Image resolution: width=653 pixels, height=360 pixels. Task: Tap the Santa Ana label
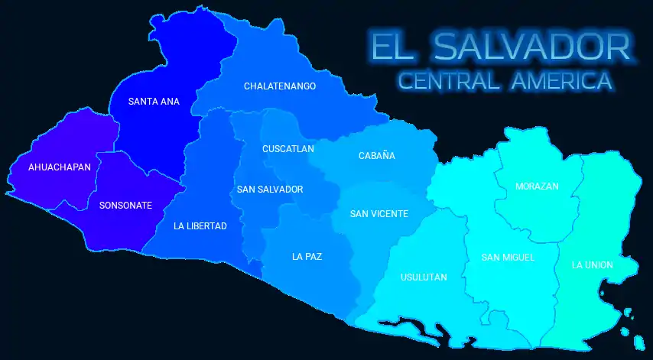(154, 101)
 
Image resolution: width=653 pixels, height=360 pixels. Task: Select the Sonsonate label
(125, 205)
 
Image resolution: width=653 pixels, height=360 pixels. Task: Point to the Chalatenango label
(280, 86)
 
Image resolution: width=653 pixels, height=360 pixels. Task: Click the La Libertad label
(200, 225)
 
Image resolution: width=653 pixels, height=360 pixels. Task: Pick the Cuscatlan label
(288, 149)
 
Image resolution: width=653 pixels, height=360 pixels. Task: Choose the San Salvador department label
(270, 189)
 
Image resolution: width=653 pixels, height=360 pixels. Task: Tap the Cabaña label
(377, 156)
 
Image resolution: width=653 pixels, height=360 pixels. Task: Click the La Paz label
(307, 256)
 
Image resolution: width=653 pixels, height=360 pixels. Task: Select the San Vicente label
(379, 214)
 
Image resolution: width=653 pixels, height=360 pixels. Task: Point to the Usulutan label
(424, 277)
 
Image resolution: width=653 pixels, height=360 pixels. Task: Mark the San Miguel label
(508, 257)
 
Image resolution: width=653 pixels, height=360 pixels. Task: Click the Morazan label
(537, 186)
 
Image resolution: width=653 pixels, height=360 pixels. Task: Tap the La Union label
(593, 264)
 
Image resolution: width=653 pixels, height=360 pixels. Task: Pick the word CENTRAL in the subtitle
(450, 80)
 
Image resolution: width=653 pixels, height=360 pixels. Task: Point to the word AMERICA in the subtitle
(563, 80)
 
